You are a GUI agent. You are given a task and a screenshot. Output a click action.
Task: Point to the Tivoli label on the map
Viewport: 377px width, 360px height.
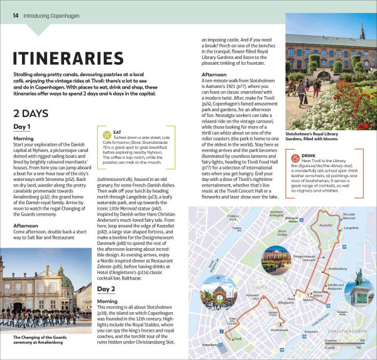coord(237,338)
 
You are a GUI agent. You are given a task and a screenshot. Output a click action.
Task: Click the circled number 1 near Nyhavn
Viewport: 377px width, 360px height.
coord(308,294)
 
